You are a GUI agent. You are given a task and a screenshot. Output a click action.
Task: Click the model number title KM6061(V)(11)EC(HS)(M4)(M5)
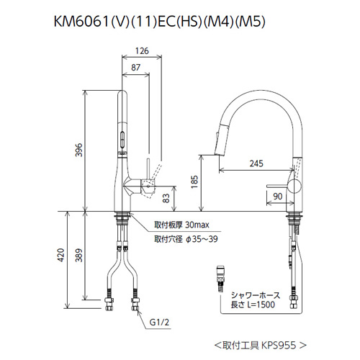tap(160, 22)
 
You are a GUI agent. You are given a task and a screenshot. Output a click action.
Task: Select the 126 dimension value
tap(142, 51)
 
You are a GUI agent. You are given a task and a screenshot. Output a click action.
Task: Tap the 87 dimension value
tap(135, 68)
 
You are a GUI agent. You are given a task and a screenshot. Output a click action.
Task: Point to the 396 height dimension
tap(79, 150)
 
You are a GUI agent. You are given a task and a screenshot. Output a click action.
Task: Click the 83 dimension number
tap(166, 198)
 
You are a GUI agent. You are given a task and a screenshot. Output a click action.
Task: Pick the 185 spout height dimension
tap(194, 182)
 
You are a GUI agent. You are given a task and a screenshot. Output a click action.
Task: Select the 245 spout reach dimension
tap(256, 163)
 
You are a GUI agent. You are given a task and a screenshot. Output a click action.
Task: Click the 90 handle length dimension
tap(278, 197)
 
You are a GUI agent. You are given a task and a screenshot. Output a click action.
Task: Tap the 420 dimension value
tap(61, 255)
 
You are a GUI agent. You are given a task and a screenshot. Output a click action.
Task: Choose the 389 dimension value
tap(79, 255)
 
